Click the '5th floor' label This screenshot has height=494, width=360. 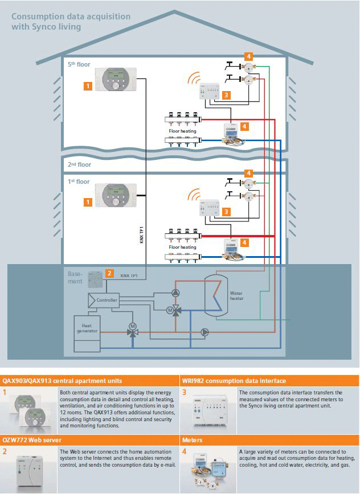[x=79, y=65]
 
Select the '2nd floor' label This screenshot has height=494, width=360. [x=79, y=164]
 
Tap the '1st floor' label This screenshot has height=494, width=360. [x=79, y=182]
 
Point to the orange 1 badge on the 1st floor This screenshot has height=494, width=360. [x=88, y=201]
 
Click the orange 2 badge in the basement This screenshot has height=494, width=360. [x=109, y=273]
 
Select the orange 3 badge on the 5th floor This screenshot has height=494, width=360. [x=226, y=95]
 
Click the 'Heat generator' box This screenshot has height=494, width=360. [x=87, y=328]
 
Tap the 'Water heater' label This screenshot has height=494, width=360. [x=236, y=296]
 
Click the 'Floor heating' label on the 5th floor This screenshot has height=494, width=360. [x=182, y=131]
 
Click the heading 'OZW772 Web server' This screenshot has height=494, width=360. [x=32, y=441]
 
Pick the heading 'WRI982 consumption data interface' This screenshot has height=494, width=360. [x=234, y=380]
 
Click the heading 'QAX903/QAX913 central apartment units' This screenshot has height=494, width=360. [x=62, y=380]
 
